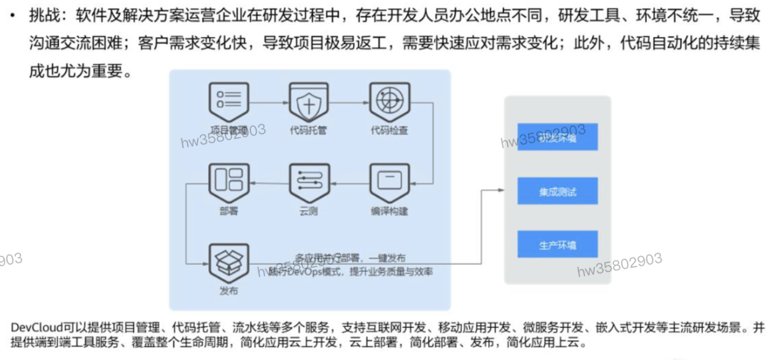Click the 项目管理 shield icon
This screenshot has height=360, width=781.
(229, 102)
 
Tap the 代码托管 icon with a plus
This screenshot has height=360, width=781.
(309, 102)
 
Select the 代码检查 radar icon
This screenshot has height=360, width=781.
(389, 102)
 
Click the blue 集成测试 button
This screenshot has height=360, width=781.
(557, 191)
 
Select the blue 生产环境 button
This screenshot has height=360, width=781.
(557, 244)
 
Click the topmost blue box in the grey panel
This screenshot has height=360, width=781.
(557, 137)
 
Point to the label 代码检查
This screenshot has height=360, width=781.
(389, 130)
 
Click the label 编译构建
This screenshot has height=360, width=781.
(389, 211)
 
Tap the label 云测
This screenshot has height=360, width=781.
(309, 211)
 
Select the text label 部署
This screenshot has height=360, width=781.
(229, 211)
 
